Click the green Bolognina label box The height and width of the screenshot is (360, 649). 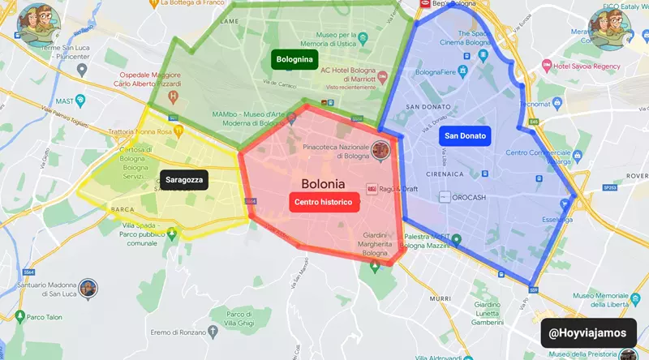(x=294, y=59)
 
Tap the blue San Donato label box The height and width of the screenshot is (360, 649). (x=465, y=136)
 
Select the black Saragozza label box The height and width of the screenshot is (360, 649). (x=184, y=180)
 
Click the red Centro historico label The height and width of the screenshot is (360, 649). (x=324, y=202)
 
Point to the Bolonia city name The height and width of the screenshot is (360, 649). (x=323, y=184)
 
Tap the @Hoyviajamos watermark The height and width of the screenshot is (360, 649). (x=588, y=332)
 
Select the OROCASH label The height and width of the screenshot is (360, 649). (x=470, y=196)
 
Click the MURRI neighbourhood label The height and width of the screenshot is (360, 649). (x=441, y=298)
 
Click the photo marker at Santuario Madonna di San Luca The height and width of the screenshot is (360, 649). (x=88, y=288)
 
